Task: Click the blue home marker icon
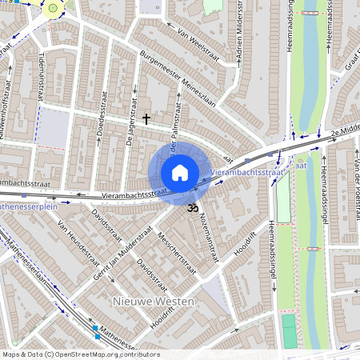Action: [180, 173]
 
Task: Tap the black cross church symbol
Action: [146, 119]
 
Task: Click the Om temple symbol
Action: [191, 208]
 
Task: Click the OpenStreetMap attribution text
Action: [81, 354]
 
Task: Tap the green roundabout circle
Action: [54, 9]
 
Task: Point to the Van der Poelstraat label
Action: [350, 184]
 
